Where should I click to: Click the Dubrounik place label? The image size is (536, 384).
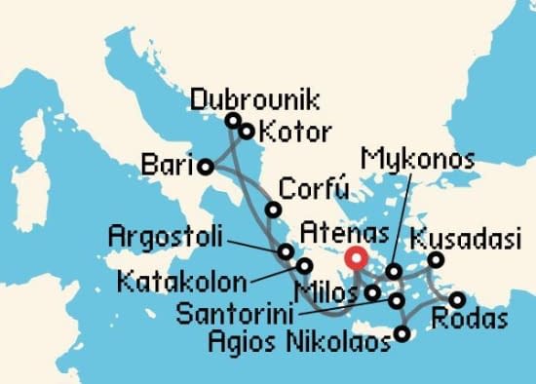[255, 100]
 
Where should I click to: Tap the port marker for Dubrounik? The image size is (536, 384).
[233, 121]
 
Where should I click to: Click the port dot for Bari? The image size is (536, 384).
[207, 167]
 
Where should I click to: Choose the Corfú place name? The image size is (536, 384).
[312, 188]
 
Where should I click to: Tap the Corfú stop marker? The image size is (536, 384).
[274, 210]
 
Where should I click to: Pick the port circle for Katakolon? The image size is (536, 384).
[304, 265]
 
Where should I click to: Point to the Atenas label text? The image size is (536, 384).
[345, 233]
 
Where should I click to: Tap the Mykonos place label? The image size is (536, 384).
[417, 159]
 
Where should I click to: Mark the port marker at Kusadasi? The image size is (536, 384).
[436, 259]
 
